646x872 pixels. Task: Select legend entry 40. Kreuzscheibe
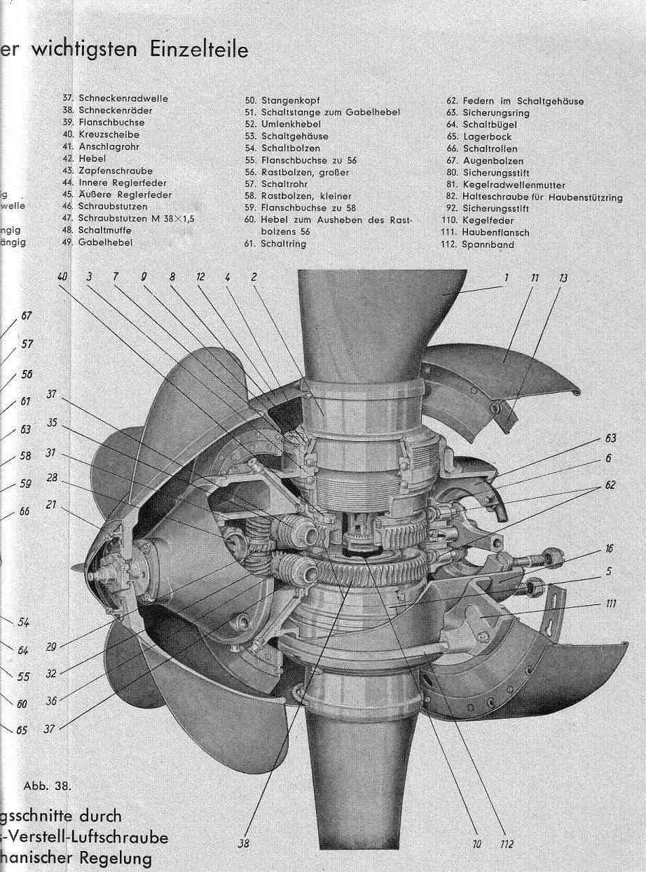(101, 134)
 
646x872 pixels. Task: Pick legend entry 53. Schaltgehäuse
(287, 137)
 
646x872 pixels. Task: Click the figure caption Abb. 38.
(48, 785)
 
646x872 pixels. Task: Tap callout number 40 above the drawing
(63, 277)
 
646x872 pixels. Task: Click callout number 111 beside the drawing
(612, 604)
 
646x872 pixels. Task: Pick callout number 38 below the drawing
(243, 844)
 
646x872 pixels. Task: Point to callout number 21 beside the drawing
(50, 504)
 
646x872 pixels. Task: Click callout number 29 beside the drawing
(50, 647)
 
